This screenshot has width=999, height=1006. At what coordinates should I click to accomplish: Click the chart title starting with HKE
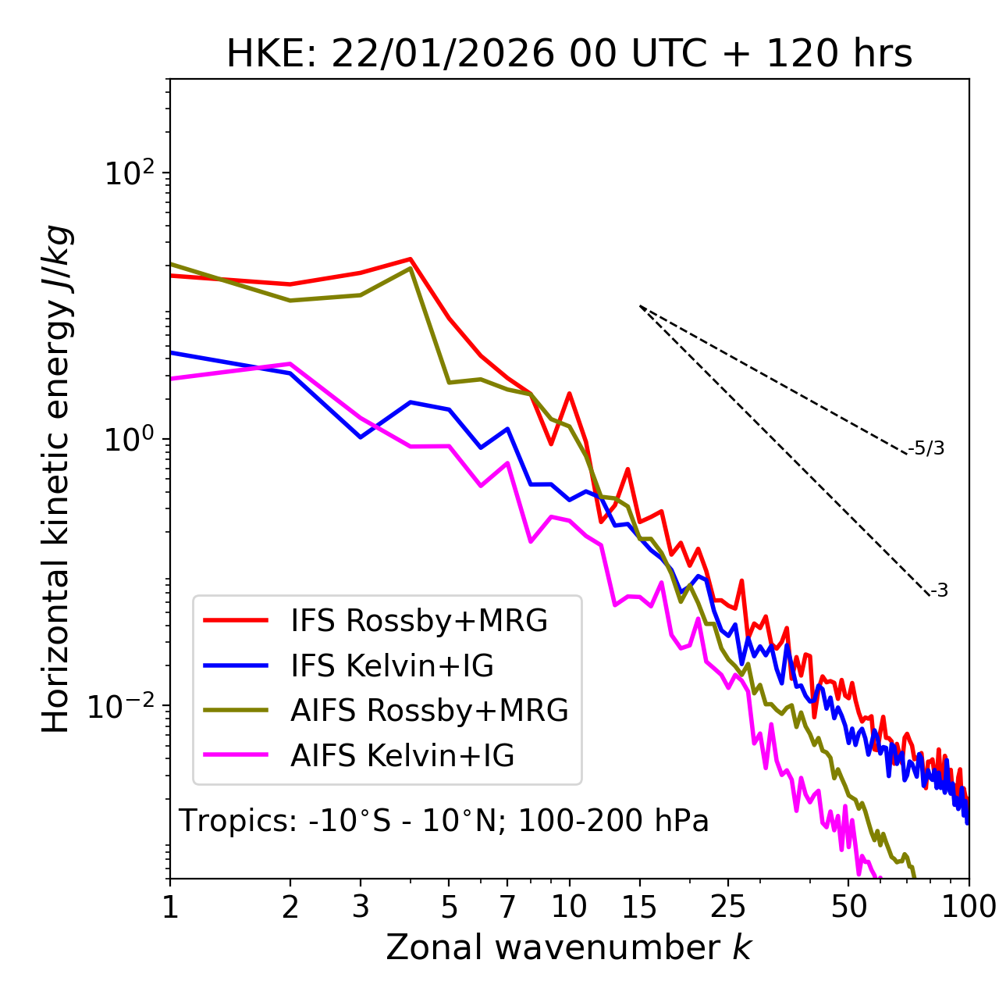tap(569, 55)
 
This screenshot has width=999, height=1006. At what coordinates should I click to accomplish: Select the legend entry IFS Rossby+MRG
tap(418, 621)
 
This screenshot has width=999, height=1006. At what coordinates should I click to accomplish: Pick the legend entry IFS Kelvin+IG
tap(392, 666)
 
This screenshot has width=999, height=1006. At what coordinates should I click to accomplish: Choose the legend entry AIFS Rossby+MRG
tap(429, 711)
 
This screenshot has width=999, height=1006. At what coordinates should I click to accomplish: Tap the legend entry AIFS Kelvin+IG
tap(402, 756)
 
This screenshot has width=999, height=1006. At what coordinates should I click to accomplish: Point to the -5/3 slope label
tap(926, 448)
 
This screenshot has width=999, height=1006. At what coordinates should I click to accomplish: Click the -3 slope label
tap(940, 591)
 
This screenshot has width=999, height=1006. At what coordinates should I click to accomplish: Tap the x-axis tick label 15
tap(640, 907)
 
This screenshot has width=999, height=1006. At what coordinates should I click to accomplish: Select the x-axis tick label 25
tap(728, 907)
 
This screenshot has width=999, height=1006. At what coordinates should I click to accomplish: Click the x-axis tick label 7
tap(508, 907)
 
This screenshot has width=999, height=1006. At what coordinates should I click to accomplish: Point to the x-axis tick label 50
tap(849, 907)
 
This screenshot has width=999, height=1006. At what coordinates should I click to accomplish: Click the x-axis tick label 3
tap(361, 907)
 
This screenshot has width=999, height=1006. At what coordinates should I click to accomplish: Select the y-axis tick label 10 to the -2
tap(125, 706)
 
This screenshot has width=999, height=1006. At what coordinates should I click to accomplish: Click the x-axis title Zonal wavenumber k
tap(569, 947)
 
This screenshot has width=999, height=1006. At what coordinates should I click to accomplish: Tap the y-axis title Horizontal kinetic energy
tap(56, 479)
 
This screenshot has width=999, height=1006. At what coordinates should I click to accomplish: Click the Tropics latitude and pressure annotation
tap(444, 821)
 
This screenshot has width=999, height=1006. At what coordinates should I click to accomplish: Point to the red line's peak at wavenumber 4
tap(411, 259)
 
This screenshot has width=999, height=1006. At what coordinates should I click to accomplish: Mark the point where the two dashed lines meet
tap(640, 306)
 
